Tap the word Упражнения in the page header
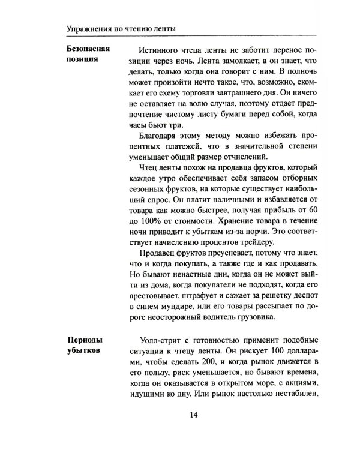[91, 28]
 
